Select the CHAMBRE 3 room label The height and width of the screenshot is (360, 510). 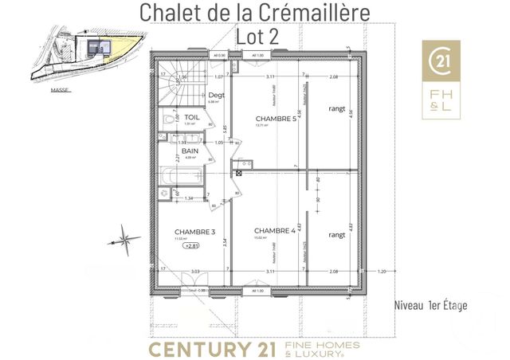pos(194,232)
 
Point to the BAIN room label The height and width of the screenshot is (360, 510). pos(190,151)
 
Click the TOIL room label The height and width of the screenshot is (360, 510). pos(182,118)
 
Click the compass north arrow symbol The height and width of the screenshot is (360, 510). pos(124,236)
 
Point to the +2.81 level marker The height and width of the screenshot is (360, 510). pos(191,247)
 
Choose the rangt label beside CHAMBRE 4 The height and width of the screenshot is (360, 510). pos(336,235)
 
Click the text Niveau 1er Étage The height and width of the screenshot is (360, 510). pos(431,305)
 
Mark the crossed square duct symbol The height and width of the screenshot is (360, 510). pos(237,167)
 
